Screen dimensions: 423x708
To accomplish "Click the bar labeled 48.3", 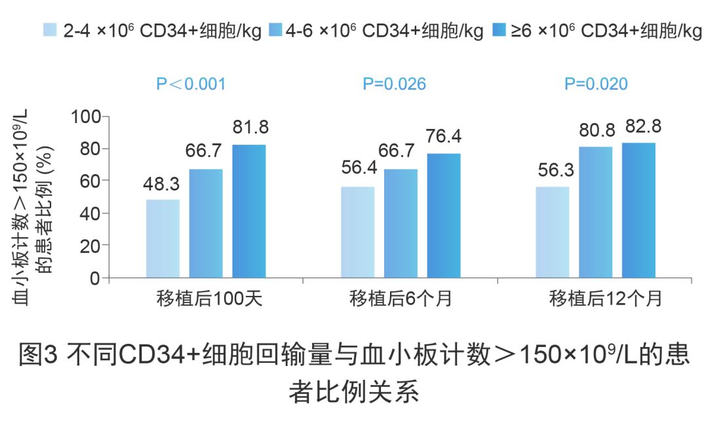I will [163, 238].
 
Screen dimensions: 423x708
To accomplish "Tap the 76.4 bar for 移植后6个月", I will [444, 215].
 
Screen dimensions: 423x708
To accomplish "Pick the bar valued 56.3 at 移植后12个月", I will [552, 232].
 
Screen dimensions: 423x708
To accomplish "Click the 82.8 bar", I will [639, 210].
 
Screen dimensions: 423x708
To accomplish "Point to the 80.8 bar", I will [595, 212].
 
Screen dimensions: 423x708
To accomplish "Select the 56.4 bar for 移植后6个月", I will [357, 232].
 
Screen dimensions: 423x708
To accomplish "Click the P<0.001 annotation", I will [191, 84].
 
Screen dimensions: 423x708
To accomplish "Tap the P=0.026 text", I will [395, 84].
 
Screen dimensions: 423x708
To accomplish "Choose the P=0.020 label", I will [596, 84].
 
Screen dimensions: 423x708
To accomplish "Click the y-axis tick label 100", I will [86, 117].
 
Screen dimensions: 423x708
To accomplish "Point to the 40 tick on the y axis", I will [91, 213].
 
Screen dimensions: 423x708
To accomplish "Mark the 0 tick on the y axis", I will [96, 278].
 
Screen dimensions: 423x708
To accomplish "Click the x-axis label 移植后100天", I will [209, 299].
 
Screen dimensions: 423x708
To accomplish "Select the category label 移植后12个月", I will [597, 299].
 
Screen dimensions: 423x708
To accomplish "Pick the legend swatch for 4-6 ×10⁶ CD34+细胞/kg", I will [275, 31].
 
